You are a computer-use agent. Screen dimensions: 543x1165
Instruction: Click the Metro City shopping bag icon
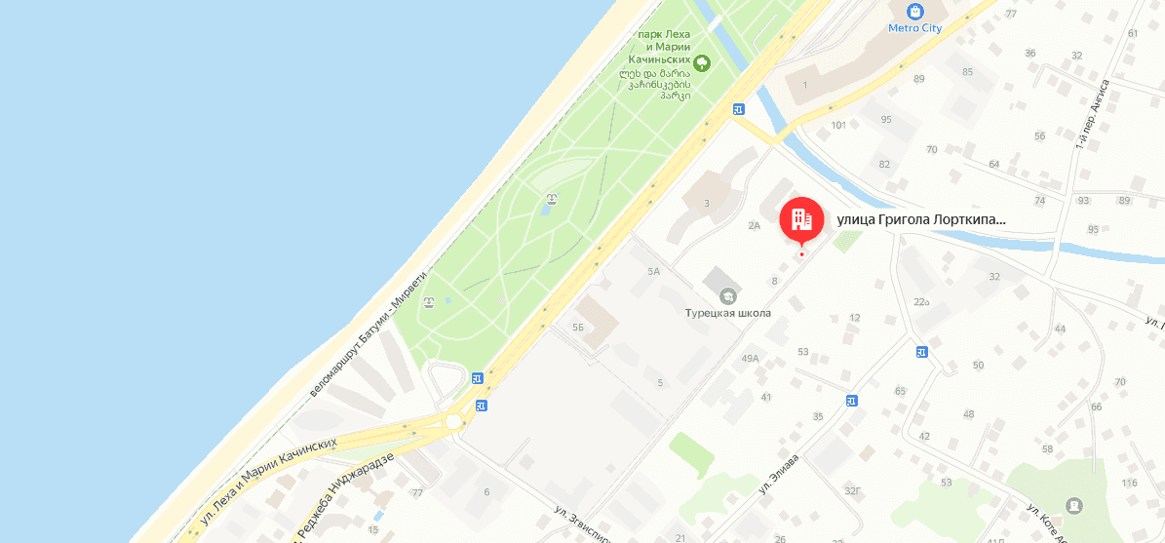pos(914,12)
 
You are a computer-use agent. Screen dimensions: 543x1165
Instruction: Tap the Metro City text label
pos(914,28)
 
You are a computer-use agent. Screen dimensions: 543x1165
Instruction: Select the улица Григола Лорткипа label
pos(920,220)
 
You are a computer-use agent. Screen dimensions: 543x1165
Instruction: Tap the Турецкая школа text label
pos(727,313)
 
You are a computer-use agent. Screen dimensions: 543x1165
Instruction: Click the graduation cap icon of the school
pos(727,295)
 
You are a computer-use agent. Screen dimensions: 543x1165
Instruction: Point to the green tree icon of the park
pos(701,64)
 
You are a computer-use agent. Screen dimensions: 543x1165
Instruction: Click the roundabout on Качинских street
pos(454,421)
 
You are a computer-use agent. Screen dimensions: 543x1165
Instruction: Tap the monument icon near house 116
pos(1073,505)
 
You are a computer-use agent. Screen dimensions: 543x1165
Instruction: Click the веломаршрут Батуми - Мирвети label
pos(367,333)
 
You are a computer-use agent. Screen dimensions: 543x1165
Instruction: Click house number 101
pos(838,125)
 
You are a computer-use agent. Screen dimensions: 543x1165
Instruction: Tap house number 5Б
pos(578,328)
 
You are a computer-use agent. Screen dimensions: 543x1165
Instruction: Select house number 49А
pos(750,359)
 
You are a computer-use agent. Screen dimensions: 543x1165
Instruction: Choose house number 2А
pos(754,225)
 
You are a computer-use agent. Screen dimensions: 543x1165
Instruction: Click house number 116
pos(1129,484)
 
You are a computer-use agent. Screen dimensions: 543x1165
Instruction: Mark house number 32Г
pos(852,491)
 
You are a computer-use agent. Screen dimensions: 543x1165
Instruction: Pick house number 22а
pos(921,301)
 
